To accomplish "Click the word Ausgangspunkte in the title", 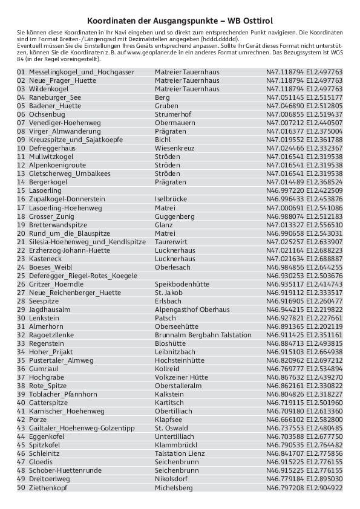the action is point(185,20).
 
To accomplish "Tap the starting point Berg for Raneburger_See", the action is point(162,97).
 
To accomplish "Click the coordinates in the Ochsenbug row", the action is point(304,114).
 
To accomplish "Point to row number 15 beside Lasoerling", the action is point(21,190).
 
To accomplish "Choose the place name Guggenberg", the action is point(174,216).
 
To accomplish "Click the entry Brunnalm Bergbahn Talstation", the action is point(203,334).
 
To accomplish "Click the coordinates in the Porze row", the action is point(304,419).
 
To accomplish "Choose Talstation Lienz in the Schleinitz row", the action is point(180,453).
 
